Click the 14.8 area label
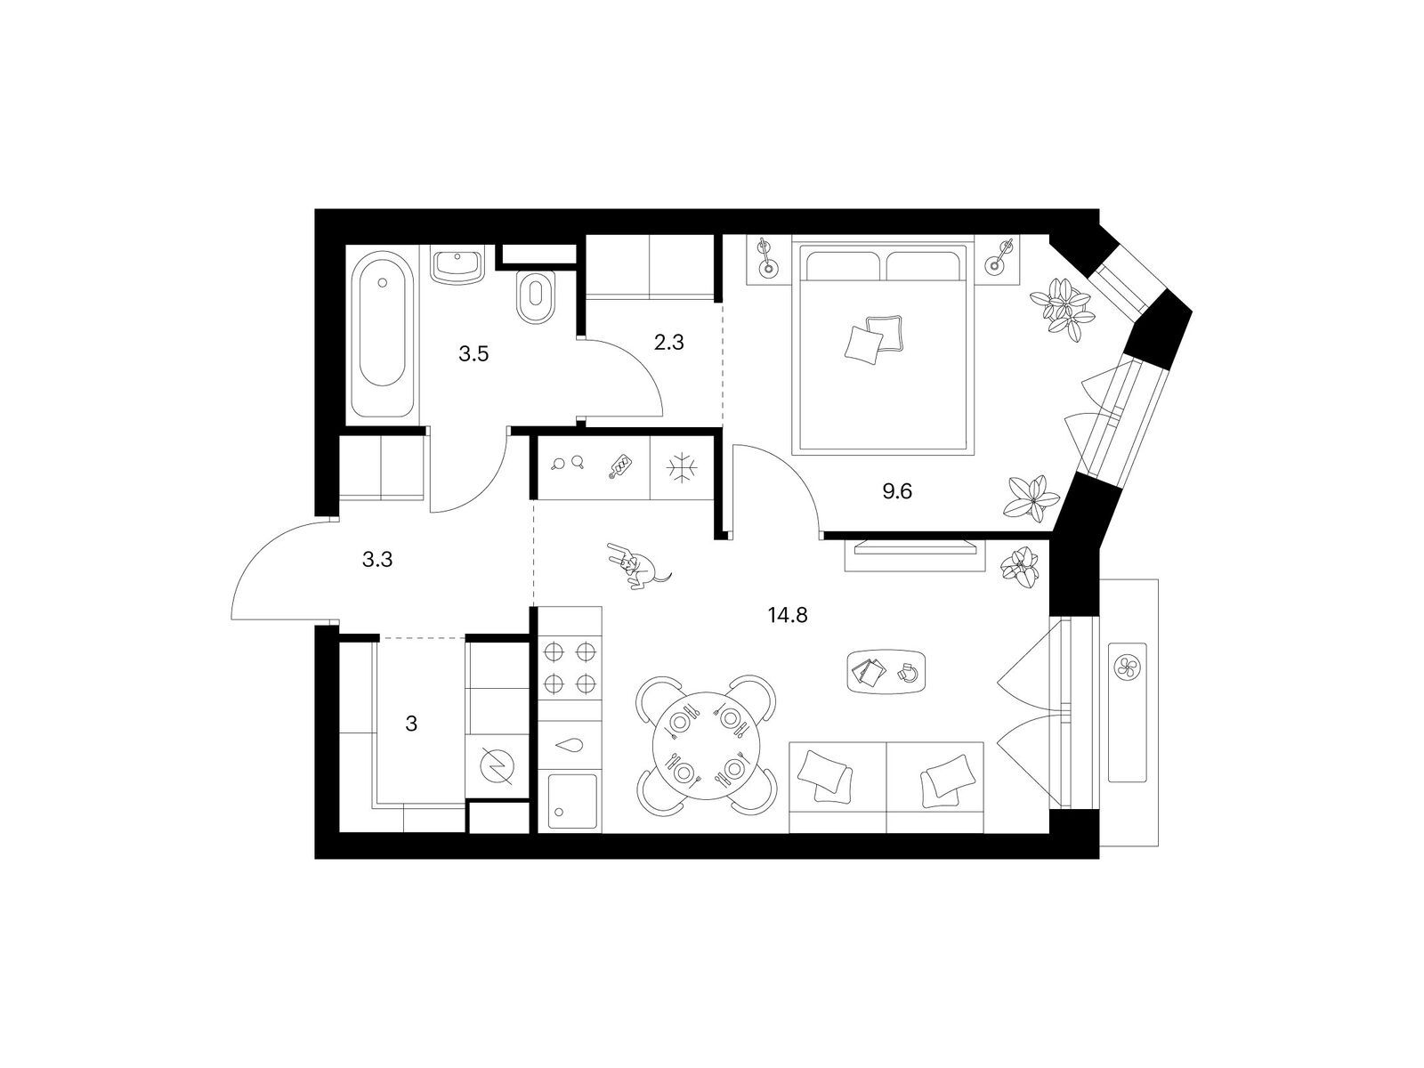(788, 615)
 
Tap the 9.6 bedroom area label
(896, 491)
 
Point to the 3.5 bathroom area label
(473, 354)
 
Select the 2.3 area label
(668, 343)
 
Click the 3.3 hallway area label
(377, 559)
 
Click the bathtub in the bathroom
(382, 335)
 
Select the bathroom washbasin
(457, 265)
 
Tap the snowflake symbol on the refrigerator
(682, 467)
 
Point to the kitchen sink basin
(572, 802)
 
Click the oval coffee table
(886, 672)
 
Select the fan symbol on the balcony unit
(1127, 667)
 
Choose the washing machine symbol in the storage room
(497, 767)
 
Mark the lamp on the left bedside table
(768, 257)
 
